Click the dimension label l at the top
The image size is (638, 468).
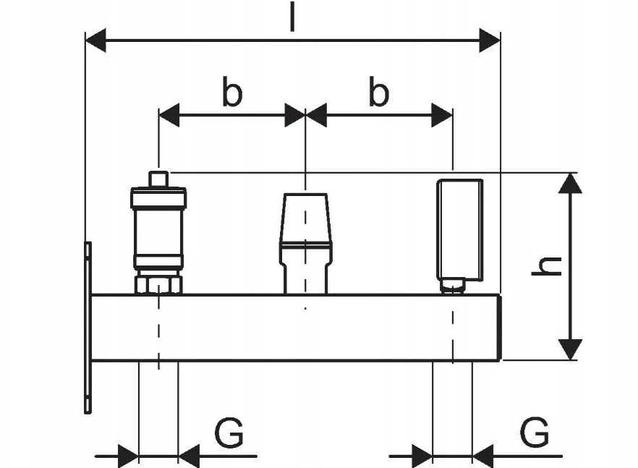click(292, 17)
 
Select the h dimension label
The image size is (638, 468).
click(546, 267)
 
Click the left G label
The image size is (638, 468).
click(229, 433)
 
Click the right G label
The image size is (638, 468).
click(535, 431)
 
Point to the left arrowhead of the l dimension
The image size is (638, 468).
click(95, 41)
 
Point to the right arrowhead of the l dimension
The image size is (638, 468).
click(490, 41)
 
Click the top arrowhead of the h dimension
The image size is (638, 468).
click(570, 183)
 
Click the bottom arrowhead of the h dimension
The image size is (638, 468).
click(570, 349)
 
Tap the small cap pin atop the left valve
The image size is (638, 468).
click(158, 179)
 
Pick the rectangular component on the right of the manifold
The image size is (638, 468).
click(460, 230)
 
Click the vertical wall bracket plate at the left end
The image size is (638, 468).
click(88, 328)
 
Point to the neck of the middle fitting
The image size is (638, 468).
click(305, 279)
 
